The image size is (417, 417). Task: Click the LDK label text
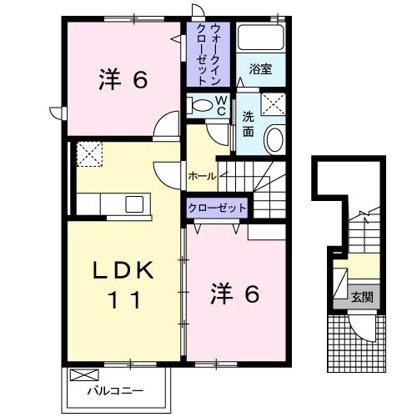coord(123,270)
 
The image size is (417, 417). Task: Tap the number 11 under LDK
coord(122,299)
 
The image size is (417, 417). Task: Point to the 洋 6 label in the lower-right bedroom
coord(234,293)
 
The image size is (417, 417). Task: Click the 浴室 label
coord(260,71)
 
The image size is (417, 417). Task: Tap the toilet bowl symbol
coord(200,105)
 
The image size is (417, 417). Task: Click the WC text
coord(222,105)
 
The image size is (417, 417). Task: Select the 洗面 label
coord(249,123)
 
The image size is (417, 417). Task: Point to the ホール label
coord(202,176)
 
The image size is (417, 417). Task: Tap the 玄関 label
coord(361,296)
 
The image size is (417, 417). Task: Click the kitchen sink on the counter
coord(133,203)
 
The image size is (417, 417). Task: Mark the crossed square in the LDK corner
coord(88,154)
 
